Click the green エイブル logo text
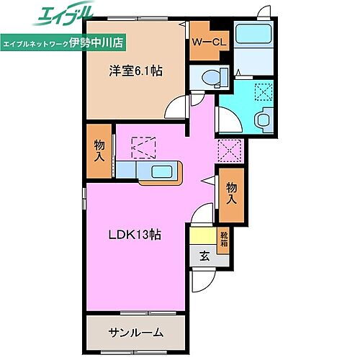tap(57, 15)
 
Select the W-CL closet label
tap(209, 41)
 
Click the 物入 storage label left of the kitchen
tap(99, 150)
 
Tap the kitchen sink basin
tap(161, 171)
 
